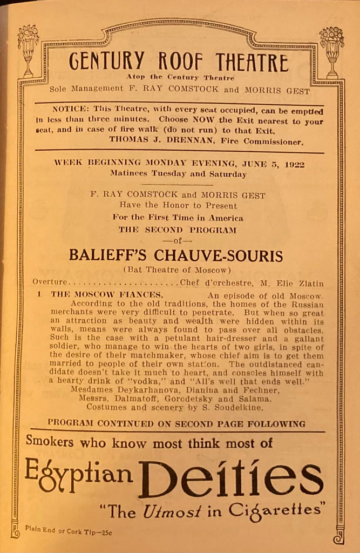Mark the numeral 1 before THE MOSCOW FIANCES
tap(39, 295)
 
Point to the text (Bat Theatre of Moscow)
tap(176, 269)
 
